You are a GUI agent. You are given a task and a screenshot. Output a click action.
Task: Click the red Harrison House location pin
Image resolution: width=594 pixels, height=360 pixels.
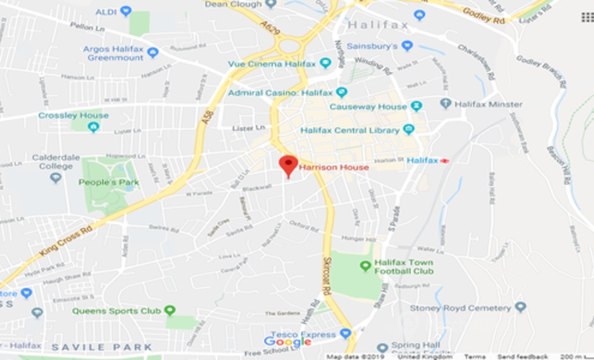click(288, 164)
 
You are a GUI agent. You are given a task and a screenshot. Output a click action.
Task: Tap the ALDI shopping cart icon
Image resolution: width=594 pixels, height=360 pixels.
click(126, 11)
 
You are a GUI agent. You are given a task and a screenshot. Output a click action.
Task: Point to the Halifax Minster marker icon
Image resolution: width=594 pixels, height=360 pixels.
click(445, 104)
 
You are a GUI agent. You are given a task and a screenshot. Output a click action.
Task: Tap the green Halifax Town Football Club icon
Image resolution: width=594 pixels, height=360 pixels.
click(365, 266)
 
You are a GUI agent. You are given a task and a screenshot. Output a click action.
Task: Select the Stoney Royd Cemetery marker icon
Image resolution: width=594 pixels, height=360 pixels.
click(520, 307)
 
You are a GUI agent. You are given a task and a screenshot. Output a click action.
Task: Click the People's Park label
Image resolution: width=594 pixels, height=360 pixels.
click(108, 182)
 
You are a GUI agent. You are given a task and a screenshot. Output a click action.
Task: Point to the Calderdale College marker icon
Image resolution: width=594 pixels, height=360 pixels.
click(55, 177)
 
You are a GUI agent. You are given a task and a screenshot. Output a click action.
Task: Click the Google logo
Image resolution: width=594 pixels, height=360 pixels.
click(287, 342)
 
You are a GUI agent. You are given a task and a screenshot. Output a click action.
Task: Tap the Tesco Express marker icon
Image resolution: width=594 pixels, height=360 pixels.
click(345, 334)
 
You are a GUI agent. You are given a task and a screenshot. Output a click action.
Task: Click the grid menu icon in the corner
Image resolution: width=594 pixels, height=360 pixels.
click(587, 17)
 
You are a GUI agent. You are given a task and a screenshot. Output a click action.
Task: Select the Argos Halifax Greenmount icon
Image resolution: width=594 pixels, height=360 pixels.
click(153, 53)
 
